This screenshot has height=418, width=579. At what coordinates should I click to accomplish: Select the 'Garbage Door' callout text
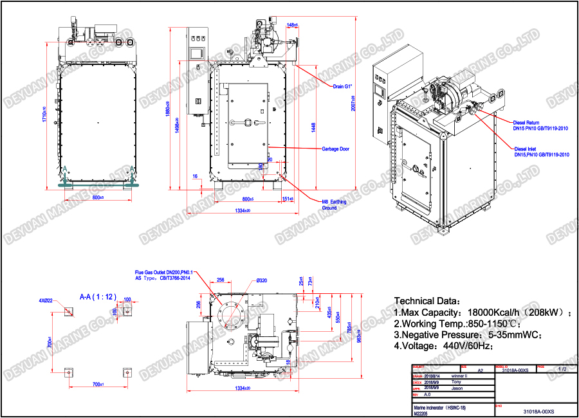(335, 149)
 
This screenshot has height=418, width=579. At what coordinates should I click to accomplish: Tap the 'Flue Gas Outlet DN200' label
(163, 273)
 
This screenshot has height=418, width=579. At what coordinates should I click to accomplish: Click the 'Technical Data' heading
(427, 301)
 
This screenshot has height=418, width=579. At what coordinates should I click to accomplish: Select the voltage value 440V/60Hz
(461, 347)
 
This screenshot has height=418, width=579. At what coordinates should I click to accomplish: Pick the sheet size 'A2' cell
(480, 370)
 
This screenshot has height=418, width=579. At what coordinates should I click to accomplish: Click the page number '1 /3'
(562, 369)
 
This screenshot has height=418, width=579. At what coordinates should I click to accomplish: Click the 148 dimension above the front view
(291, 25)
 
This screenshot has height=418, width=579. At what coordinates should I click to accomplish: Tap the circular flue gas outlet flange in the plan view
(230, 314)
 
